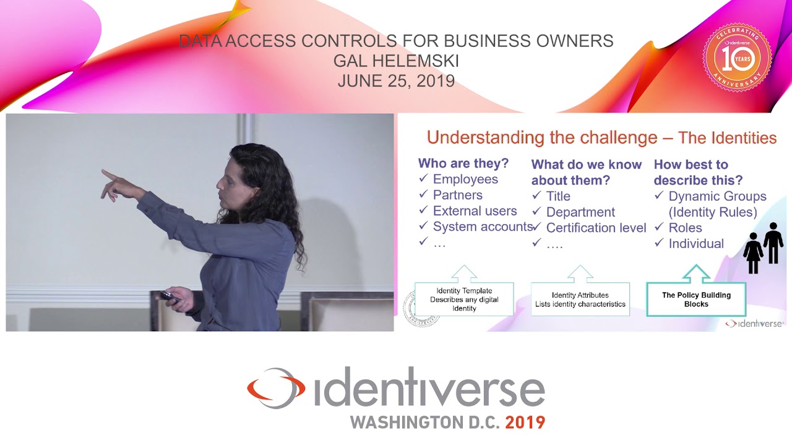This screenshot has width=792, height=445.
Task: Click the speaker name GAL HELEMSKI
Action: (x=396, y=61)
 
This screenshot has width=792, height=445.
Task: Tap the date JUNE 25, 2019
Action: (x=396, y=81)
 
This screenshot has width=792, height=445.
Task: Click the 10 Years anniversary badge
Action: (x=736, y=58)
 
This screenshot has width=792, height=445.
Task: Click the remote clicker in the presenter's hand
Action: (x=168, y=297)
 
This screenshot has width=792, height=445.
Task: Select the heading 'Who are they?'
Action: (x=463, y=163)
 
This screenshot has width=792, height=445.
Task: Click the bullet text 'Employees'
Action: (x=465, y=179)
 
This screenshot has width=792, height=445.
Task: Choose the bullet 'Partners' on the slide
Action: (x=457, y=195)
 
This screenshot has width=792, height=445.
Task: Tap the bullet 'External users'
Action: (x=475, y=211)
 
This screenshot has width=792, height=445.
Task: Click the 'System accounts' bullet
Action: (x=483, y=227)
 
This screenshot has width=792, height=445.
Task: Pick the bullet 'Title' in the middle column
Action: (x=558, y=196)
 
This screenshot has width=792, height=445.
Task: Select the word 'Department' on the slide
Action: (x=580, y=212)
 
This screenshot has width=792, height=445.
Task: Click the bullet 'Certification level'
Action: (x=596, y=228)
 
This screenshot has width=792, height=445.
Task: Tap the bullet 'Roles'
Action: (x=685, y=227)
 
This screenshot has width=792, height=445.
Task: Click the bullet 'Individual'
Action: (x=696, y=244)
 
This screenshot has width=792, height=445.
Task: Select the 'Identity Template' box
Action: (x=464, y=299)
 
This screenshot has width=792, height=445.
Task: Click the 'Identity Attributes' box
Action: (x=580, y=299)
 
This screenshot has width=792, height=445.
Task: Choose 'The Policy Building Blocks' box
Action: (x=696, y=299)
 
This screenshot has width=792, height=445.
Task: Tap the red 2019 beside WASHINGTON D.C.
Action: (x=525, y=423)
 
